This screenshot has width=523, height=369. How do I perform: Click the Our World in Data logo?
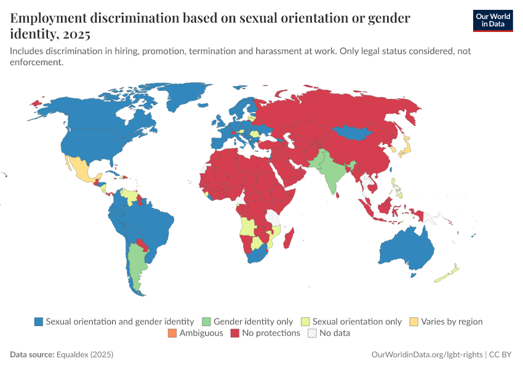492,20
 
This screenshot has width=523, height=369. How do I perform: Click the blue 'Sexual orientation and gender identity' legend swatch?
39,322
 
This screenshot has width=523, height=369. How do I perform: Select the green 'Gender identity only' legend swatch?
206,322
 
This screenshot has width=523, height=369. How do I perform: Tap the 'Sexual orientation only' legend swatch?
305,322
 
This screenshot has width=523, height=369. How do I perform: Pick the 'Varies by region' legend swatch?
414,322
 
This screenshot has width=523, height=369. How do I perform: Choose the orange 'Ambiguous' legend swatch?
172,333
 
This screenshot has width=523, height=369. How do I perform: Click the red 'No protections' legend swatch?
234,333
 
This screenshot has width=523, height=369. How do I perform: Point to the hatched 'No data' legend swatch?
313,333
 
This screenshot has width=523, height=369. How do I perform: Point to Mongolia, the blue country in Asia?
353,132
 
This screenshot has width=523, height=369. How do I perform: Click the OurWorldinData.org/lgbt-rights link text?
427,355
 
